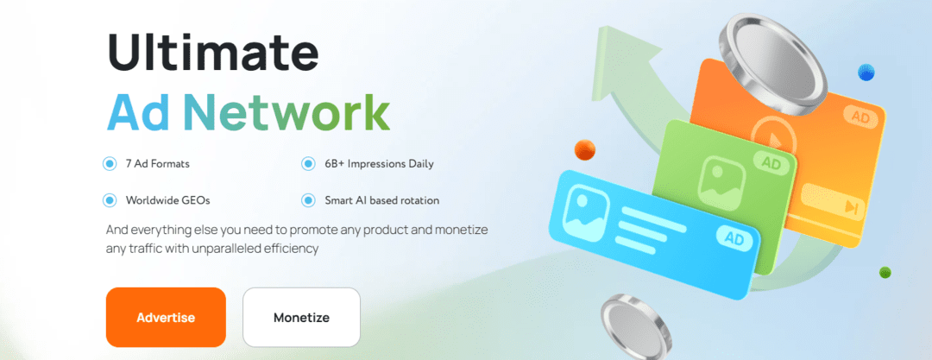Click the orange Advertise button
click(x=166, y=317)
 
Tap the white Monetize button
click(x=301, y=317)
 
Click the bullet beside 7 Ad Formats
click(x=110, y=163)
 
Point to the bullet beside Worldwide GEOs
click(x=110, y=200)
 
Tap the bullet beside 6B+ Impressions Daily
click(x=308, y=163)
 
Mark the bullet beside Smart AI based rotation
click(x=308, y=200)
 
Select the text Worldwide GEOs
click(x=167, y=200)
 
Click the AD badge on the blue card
click(x=734, y=237)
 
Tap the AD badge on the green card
click(x=771, y=161)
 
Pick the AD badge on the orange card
click(x=860, y=116)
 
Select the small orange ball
click(x=585, y=148)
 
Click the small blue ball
click(x=866, y=73)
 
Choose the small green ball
click(x=885, y=273)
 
